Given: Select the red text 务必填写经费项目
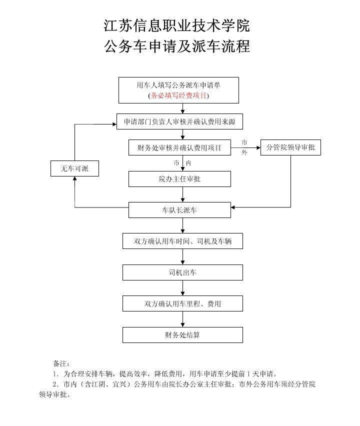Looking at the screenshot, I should click(x=178, y=95).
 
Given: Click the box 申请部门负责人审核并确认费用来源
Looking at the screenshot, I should click(x=182, y=121).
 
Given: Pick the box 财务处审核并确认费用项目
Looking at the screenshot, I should click(x=179, y=148).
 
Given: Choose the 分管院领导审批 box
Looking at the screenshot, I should click(x=290, y=148).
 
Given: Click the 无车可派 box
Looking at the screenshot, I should click(x=74, y=169).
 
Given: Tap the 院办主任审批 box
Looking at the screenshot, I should click(x=179, y=179).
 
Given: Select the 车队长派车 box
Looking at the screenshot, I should click(x=179, y=210).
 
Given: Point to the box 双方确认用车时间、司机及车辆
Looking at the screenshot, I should click(x=182, y=241).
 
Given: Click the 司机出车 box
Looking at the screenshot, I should click(x=182, y=272).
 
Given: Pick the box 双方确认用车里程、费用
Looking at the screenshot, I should click(x=182, y=303).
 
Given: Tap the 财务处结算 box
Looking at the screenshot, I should click(x=182, y=334).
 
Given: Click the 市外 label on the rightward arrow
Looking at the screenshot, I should click(x=244, y=147).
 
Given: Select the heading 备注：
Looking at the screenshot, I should click(x=61, y=362).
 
